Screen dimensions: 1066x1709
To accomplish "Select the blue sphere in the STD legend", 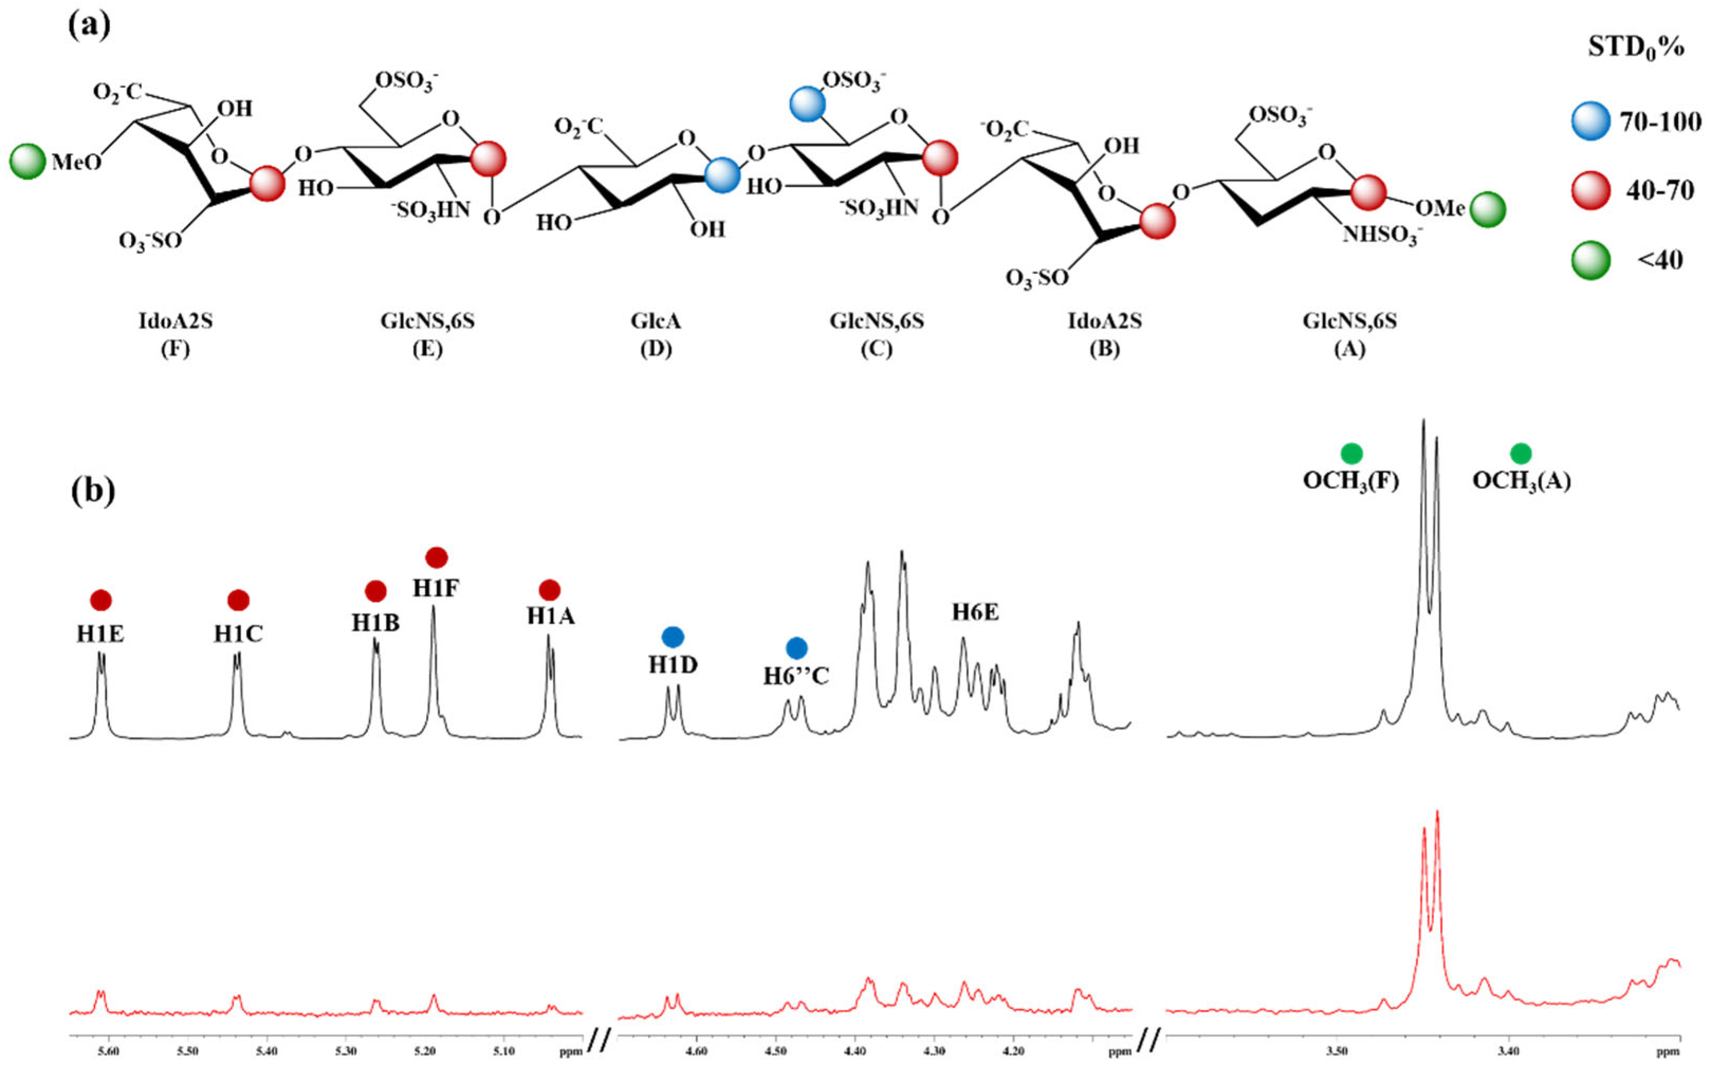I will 1591,121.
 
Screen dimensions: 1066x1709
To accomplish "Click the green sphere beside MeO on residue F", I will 27,162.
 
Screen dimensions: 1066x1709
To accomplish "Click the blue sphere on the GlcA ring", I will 722,175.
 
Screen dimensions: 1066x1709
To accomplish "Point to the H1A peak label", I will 550,616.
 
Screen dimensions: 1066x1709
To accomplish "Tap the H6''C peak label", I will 796,676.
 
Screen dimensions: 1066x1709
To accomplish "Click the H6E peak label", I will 975,613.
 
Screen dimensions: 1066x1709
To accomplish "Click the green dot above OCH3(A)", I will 1521,453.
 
